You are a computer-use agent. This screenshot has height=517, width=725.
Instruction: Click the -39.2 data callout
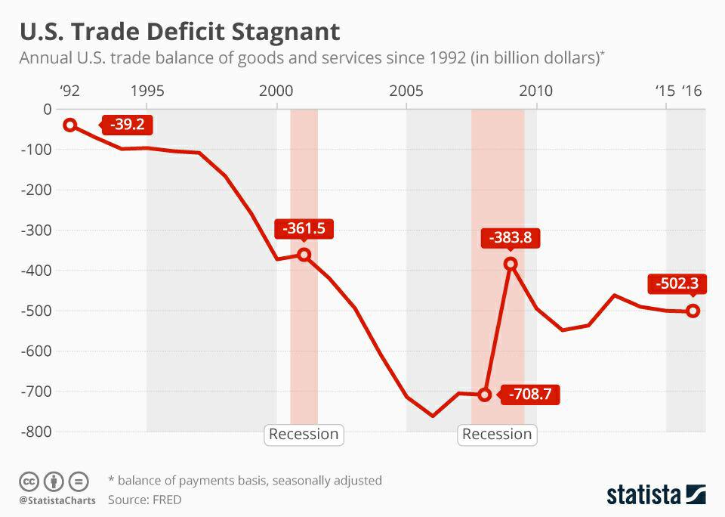[x=127, y=125]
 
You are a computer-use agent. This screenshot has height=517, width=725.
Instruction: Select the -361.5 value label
[x=304, y=229]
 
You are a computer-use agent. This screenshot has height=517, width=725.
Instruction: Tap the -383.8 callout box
[x=511, y=238]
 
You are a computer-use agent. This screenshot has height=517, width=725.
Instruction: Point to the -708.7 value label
[x=534, y=395]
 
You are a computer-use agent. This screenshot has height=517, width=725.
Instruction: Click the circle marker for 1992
[x=70, y=125]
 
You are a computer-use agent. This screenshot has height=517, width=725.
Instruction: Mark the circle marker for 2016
[x=693, y=311]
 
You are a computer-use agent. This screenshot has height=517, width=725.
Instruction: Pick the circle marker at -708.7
[x=485, y=395]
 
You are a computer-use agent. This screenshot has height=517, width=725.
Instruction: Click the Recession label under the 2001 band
[x=304, y=434]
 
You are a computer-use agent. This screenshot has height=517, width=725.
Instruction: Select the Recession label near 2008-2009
[x=497, y=434]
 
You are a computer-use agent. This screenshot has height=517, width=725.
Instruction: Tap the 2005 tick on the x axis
[x=406, y=91]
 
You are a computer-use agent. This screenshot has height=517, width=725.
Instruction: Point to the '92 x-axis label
[x=69, y=91]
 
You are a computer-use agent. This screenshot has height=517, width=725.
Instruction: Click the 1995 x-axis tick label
[x=147, y=91]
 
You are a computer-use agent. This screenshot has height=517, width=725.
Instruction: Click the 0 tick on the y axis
[x=48, y=109]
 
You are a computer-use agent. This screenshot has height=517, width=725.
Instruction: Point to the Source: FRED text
[x=144, y=500]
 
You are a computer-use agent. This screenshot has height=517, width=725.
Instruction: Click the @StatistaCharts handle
[x=57, y=500]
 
